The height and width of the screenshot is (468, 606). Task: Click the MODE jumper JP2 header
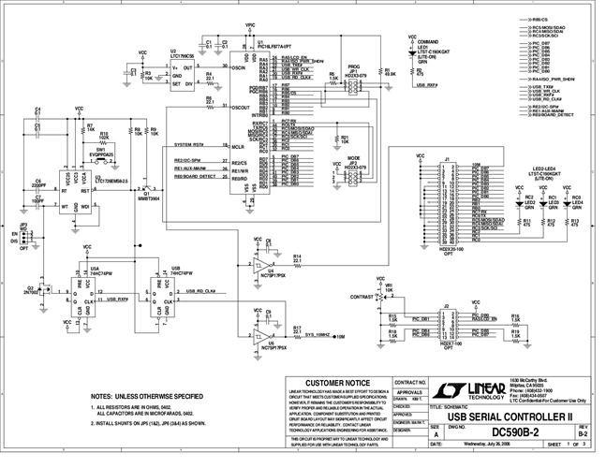click(x=353, y=172)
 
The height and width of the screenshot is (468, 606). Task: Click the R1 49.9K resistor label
click(x=388, y=71)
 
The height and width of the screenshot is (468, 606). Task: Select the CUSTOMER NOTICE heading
click(x=334, y=383)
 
